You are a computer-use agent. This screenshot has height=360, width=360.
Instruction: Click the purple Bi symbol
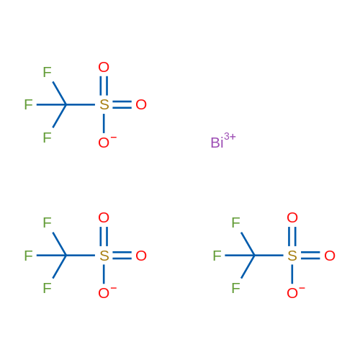[x=217, y=143]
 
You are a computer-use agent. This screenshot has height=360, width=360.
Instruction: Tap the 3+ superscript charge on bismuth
[x=230, y=137]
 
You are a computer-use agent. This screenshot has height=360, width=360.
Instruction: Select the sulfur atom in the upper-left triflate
[x=104, y=104]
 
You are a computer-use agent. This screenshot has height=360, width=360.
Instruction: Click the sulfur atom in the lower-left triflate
[x=104, y=256]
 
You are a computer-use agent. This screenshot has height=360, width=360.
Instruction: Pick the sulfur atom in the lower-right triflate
[x=292, y=256]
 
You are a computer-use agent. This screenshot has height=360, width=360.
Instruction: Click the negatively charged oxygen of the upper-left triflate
[x=104, y=143]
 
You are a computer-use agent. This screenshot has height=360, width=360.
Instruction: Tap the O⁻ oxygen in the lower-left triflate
[x=104, y=293]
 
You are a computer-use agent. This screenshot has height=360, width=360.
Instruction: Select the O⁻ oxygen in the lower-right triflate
[x=292, y=293]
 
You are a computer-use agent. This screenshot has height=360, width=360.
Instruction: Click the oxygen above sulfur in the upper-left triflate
[x=104, y=67]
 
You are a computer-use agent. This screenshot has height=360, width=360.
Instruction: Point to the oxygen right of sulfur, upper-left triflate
[x=141, y=104]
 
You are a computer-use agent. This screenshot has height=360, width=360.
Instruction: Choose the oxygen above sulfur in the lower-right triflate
[x=292, y=217]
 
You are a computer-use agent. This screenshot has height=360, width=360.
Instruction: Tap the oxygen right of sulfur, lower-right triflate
[x=330, y=256]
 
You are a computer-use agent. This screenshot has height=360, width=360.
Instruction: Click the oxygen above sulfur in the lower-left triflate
[x=104, y=217]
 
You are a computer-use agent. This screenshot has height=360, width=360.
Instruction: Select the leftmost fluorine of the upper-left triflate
[x=28, y=104]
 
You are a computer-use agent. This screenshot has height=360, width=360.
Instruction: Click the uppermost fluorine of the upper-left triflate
[x=47, y=72]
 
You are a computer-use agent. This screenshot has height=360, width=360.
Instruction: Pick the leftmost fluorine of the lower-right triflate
[x=217, y=256]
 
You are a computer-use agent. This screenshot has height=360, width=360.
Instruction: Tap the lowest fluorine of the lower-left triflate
[x=47, y=288]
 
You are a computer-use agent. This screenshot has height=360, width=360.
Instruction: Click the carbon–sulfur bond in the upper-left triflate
[x=81, y=104]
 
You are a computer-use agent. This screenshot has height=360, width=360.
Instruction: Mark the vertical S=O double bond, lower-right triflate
[x=292, y=236]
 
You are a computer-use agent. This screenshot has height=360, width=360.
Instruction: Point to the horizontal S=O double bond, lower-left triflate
[x=122, y=256]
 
